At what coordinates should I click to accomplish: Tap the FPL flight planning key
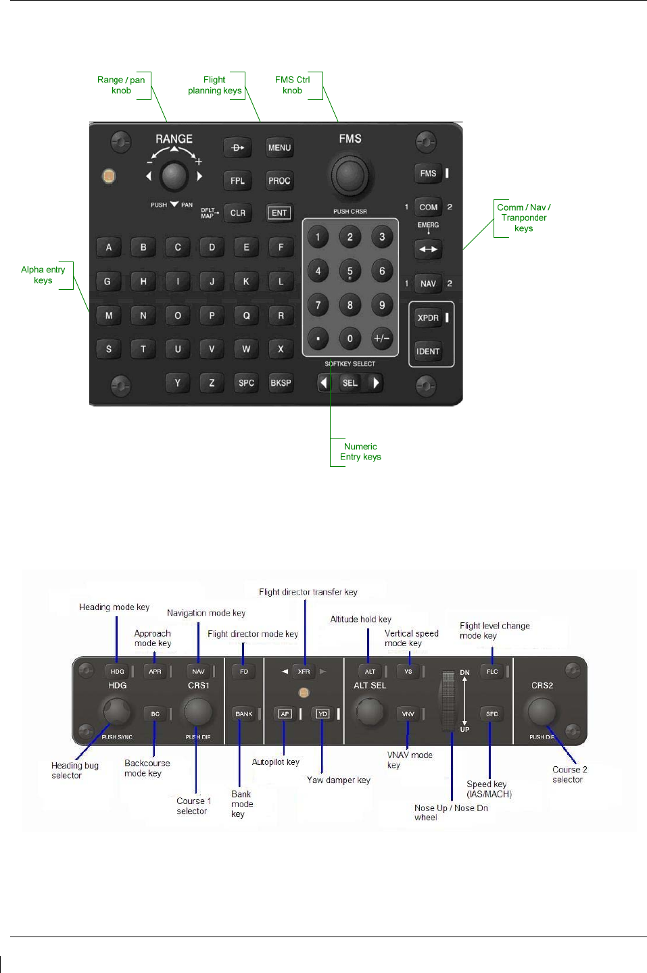237,180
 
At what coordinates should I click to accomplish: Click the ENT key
279,213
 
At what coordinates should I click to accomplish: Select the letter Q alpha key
246,316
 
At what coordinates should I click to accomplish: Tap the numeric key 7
318,305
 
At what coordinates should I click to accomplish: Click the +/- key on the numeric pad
382,339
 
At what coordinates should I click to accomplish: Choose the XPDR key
428,318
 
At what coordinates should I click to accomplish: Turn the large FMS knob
350,174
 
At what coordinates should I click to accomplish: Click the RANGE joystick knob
174,176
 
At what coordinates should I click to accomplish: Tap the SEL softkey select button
350,383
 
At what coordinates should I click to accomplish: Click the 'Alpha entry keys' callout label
43,275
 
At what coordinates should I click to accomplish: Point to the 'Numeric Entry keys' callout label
360,451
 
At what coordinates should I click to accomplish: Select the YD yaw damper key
322,714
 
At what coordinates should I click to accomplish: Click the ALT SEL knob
369,712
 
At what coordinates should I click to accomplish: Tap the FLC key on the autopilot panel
492,672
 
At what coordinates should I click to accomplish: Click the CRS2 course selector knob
542,711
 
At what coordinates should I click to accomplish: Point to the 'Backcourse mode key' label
147,768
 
